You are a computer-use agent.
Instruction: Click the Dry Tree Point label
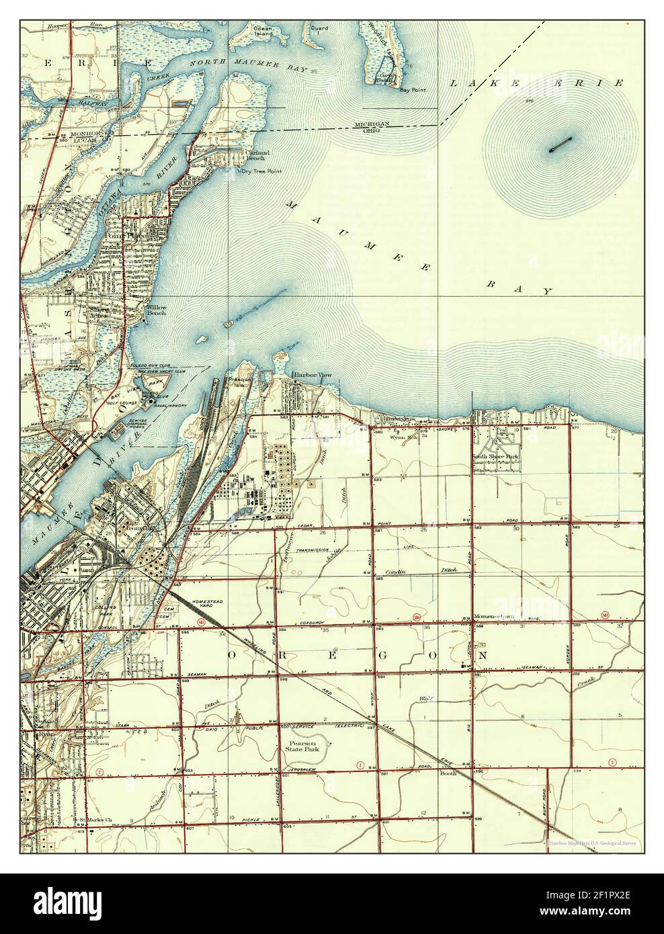(x=261, y=171)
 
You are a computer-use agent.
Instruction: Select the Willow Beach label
(x=157, y=310)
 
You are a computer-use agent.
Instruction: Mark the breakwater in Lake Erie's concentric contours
(x=559, y=145)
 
